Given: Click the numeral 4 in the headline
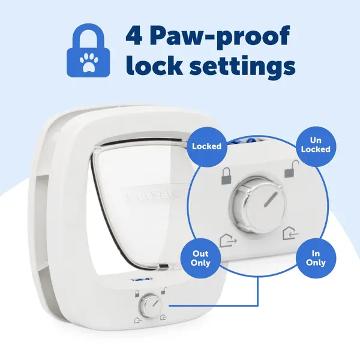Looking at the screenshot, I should [134, 38].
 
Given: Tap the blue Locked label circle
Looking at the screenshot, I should [206, 146].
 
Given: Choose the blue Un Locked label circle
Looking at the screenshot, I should [315, 145].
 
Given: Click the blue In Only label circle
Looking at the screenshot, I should [315, 258].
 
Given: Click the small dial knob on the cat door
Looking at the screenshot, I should [148, 309].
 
